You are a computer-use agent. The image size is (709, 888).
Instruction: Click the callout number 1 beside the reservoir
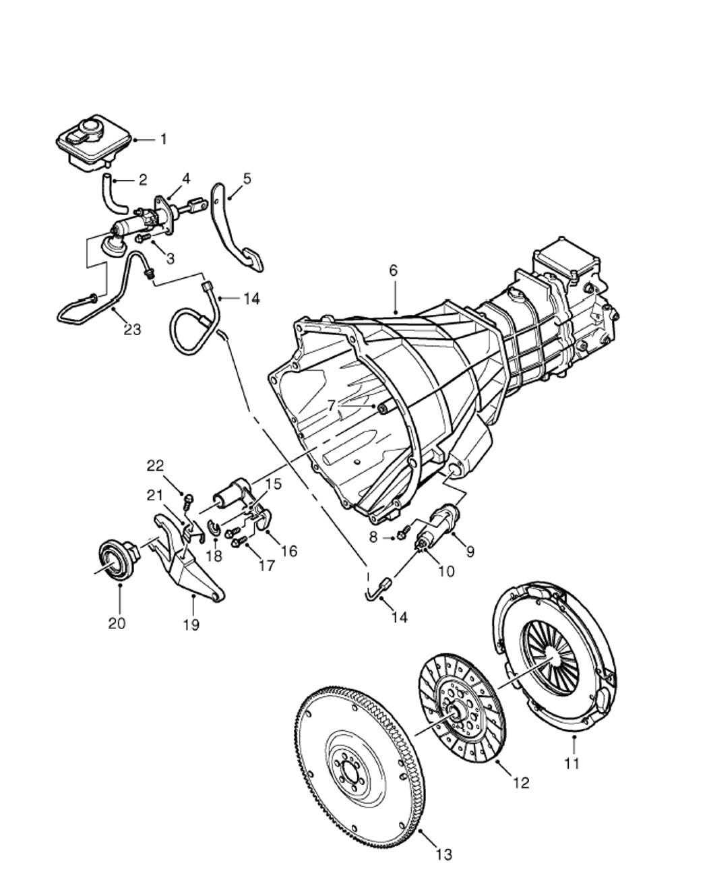(164, 140)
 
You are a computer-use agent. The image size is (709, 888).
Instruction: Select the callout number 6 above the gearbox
(393, 270)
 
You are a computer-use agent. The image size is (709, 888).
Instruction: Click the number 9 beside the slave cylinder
(470, 552)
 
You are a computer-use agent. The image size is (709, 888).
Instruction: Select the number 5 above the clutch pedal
(247, 179)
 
